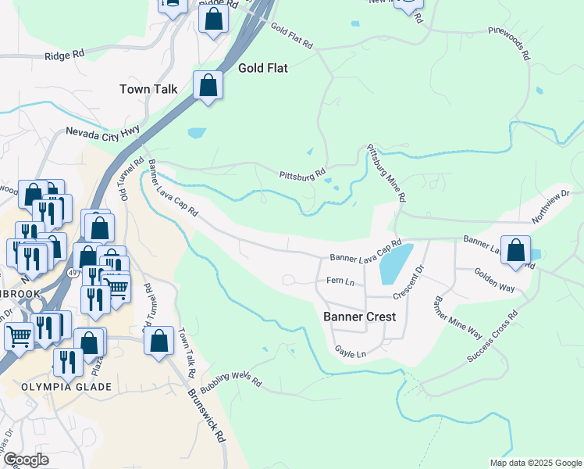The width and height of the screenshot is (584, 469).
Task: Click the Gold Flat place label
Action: coord(258,68)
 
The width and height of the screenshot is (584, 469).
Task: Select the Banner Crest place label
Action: coord(360,317)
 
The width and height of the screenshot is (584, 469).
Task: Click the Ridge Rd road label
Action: coord(64,55)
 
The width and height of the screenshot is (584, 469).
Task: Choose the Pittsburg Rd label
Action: coord(302,174)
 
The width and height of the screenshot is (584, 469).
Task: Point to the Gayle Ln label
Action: coord(350,353)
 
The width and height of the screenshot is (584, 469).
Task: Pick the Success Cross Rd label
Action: coord(493,338)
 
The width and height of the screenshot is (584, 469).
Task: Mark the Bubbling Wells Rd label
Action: coord(230,381)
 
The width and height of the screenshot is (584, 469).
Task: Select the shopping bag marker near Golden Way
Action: coord(515,249)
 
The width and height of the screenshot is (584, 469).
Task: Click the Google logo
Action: coord(27,460)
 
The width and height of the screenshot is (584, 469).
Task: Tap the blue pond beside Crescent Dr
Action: coord(396,264)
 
